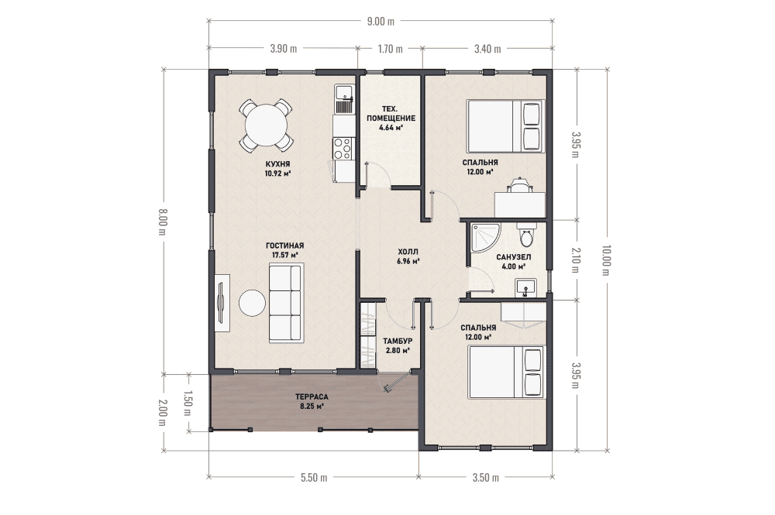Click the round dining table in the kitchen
(x=267, y=125)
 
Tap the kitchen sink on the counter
(x=343, y=99)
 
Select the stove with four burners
(x=343, y=148)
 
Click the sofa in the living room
(x=286, y=303)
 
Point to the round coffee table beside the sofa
(x=252, y=302)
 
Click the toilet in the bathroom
(x=527, y=235)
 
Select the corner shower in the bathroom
(x=485, y=238)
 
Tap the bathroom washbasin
(x=526, y=287)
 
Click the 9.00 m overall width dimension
(x=381, y=21)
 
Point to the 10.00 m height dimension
(x=607, y=260)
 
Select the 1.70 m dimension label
(x=390, y=48)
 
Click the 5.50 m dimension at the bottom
(x=314, y=478)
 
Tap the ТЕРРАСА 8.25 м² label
(x=312, y=401)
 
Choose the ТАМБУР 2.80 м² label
(x=398, y=345)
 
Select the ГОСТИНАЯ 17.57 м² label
(x=284, y=250)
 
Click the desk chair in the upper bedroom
(x=520, y=185)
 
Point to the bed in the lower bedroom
(x=505, y=372)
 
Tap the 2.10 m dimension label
(x=575, y=260)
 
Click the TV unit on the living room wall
(x=222, y=303)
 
